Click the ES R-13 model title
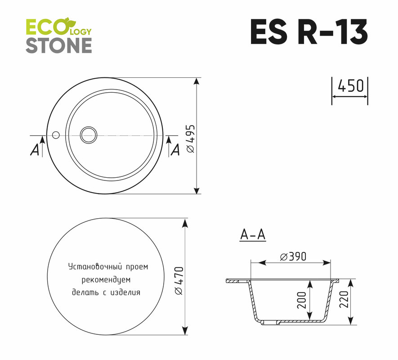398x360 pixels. [309, 32]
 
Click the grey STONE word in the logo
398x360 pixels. [59, 46]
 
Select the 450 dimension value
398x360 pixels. [350, 86]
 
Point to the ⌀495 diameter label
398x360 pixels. [191, 139]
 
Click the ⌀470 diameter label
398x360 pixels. [179, 281]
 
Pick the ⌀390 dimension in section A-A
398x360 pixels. [293, 256]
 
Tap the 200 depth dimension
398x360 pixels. [302, 300]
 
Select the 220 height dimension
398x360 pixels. [344, 299]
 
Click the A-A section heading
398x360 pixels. [253, 234]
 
